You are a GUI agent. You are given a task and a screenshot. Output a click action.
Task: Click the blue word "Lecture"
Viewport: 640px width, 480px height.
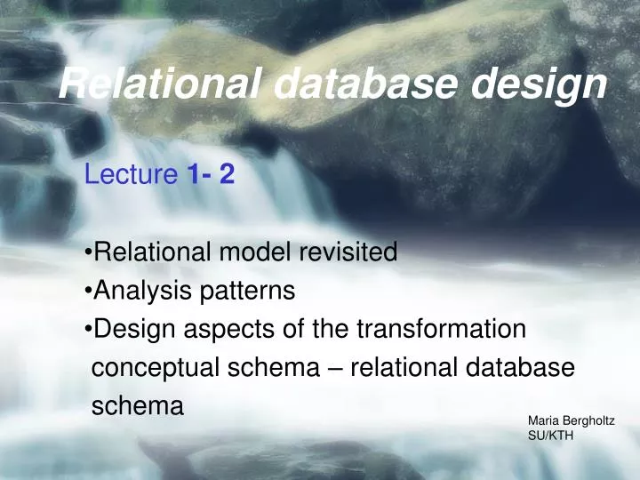coord(132,175)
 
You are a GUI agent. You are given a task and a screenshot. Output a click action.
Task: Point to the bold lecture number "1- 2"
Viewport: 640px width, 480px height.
coord(211,175)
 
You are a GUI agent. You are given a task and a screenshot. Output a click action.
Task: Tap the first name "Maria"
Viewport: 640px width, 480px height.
coord(543,420)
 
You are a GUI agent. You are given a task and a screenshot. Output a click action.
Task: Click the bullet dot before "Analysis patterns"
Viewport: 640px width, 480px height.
coord(89,292)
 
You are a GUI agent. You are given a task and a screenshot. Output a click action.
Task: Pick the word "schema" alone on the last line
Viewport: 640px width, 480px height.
coord(138,406)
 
